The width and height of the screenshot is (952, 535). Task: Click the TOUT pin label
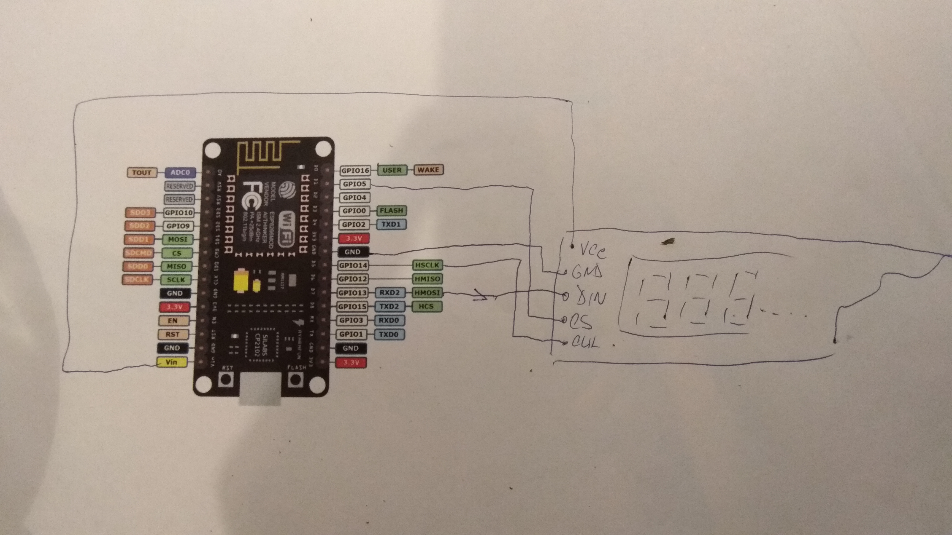pos(142,172)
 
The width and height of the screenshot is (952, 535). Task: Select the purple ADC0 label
pos(180,172)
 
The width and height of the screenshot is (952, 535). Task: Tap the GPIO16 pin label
pos(355,171)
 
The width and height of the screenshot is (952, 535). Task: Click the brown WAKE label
pos(428,170)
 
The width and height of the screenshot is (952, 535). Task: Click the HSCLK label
pos(427,265)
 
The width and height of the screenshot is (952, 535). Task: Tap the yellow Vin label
pos(171,362)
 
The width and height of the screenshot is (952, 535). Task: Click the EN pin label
pos(173,321)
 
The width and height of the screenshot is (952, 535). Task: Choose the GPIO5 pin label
pos(354,184)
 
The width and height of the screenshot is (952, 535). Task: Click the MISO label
pos(176,266)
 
